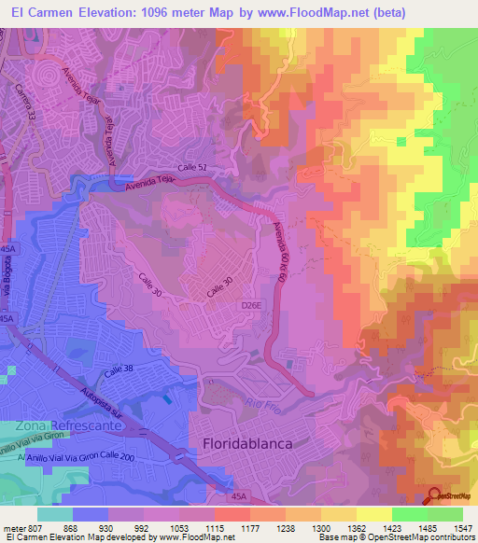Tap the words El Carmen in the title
pos(39,12)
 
